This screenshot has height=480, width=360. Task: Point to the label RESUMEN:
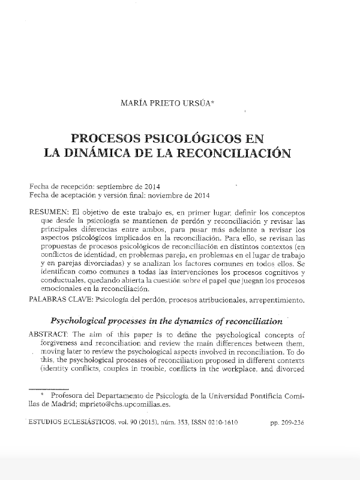click(x=50, y=214)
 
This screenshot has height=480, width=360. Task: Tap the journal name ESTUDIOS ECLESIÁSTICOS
click(x=68, y=422)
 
